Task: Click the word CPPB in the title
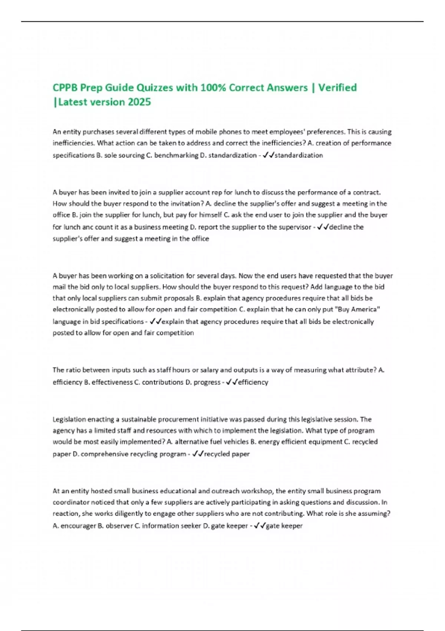(x=65, y=88)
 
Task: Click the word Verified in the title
(x=337, y=88)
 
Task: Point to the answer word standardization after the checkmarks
(x=299, y=155)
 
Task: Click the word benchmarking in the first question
(x=176, y=155)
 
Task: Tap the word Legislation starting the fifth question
(x=69, y=419)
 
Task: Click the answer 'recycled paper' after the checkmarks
(x=227, y=454)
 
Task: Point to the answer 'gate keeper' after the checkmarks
(x=284, y=526)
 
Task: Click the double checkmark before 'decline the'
(x=323, y=227)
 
